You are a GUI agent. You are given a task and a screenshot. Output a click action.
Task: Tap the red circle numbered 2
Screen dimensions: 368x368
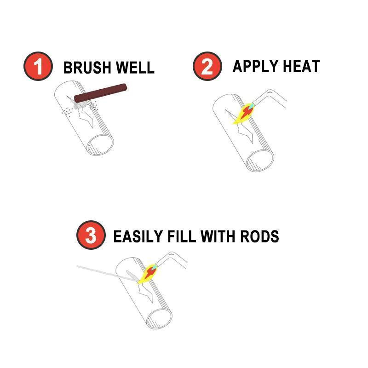click(x=207, y=66)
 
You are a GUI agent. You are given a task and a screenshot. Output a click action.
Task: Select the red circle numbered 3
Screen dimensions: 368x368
click(x=91, y=236)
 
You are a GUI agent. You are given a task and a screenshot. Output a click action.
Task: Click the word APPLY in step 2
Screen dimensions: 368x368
click(x=253, y=66)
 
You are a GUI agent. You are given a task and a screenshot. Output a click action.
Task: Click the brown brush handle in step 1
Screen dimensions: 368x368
click(x=101, y=92)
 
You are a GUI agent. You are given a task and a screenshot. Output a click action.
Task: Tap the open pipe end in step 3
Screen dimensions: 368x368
click(x=159, y=317)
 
